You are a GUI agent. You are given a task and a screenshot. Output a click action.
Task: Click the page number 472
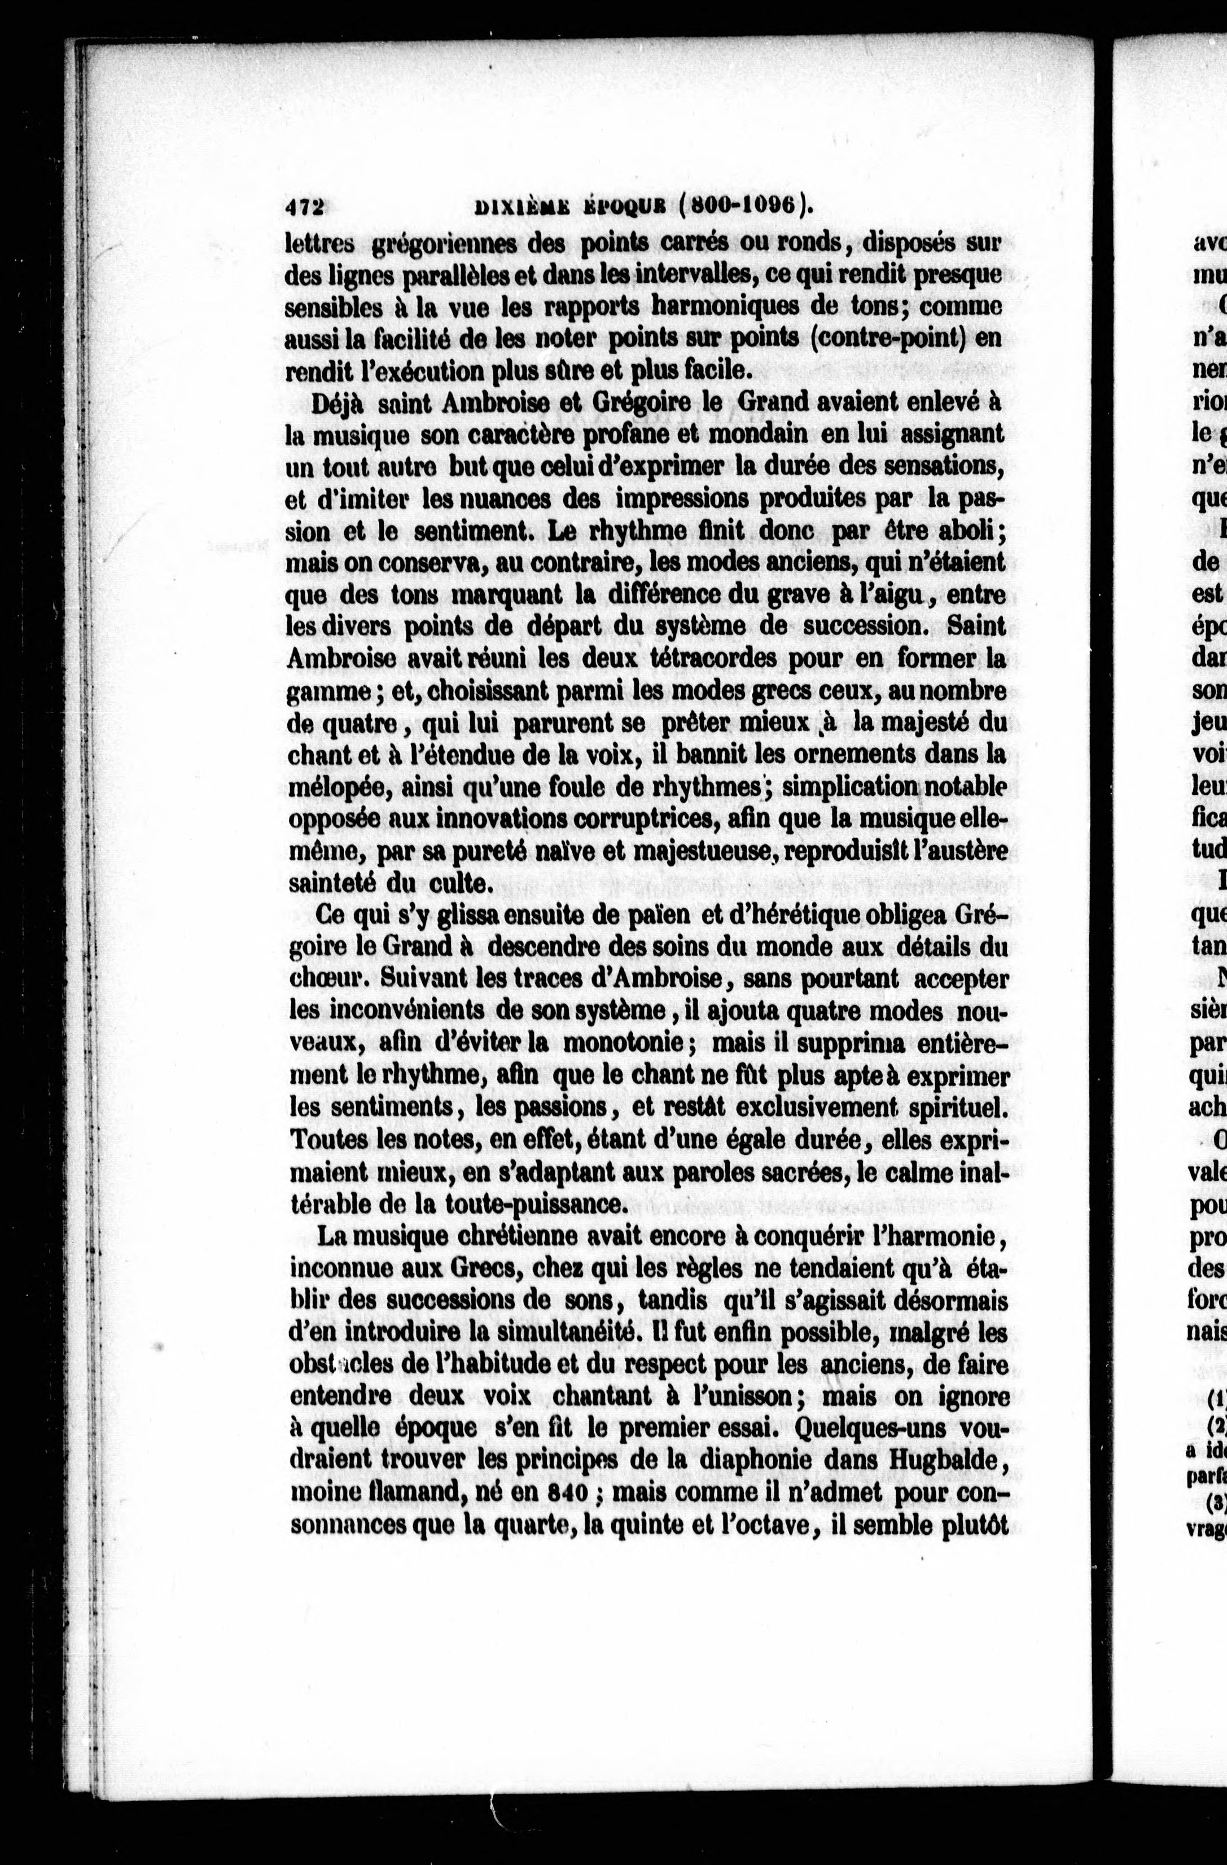point(305,206)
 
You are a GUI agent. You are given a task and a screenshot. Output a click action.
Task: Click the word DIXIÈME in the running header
point(527,206)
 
